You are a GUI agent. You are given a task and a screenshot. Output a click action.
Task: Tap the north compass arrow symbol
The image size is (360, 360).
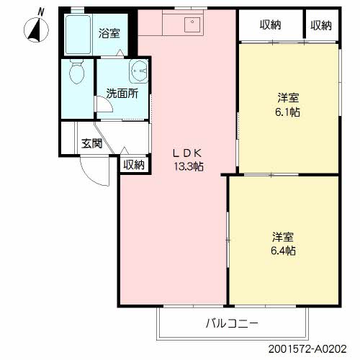[x=35, y=30]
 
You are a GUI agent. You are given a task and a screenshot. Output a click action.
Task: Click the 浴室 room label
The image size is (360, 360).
[x=109, y=33]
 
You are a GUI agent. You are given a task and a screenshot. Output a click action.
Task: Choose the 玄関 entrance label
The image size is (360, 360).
[x=91, y=143]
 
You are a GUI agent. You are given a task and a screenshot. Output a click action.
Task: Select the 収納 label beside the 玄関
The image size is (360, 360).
[x=134, y=165]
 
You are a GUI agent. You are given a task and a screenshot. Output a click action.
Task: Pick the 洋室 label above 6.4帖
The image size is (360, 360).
[x=283, y=237]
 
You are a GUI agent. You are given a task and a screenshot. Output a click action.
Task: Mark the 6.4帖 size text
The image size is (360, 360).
[x=283, y=251]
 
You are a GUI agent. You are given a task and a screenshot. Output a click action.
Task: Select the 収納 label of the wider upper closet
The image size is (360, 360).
[x=270, y=26]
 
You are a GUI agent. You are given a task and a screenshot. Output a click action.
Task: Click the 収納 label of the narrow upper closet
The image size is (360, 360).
[x=321, y=26]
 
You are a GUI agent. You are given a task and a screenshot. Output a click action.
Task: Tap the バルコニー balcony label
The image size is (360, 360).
[x=231, y=323]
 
